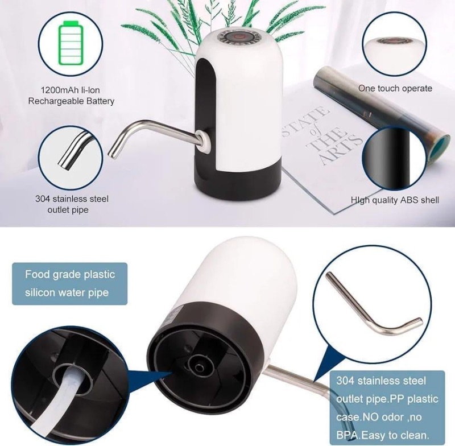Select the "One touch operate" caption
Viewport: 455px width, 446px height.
click(395, 88)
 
